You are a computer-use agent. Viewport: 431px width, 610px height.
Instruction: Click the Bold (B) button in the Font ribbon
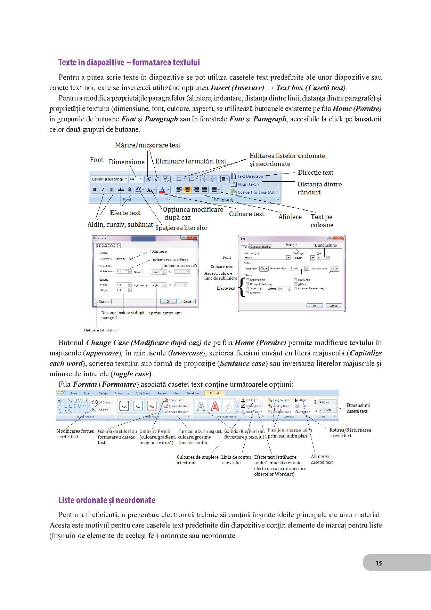click(x=95, y=190)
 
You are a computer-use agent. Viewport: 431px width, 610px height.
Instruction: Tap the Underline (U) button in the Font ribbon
click(x=112, y=190)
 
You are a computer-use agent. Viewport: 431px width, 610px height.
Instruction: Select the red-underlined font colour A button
click(x=162, y=190)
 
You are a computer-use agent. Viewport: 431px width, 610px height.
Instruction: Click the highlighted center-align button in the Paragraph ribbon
click(x=188, y=190)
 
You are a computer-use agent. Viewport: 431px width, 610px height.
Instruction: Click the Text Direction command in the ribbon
click(x=250, y=176)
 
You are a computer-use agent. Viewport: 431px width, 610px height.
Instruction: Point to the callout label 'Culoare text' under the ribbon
click(x=246, y=214)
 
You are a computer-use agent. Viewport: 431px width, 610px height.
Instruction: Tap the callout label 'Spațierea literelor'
click(x=181, y=228)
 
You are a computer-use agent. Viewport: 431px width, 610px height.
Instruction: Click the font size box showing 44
click(x=133, y=179)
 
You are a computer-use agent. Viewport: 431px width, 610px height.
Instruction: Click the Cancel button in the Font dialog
click(x=333, y=306)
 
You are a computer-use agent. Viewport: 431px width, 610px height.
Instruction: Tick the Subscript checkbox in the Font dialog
click(x=247, y=293)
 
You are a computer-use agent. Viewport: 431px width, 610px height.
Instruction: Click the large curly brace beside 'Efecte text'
click(x=241, y=288)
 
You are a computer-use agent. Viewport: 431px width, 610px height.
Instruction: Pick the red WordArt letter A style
click(x=215, y=406)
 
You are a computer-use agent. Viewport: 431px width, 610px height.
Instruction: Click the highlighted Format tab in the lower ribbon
click(x=214, y=393)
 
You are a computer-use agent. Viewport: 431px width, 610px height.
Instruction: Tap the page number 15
click(x=379, y=563)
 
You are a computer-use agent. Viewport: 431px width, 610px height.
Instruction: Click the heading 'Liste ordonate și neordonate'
click(x=107, y=500)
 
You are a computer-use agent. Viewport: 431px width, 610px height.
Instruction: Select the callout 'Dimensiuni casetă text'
click(x=358, y=408)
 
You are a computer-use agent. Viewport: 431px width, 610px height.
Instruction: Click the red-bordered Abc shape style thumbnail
click(x=152, y=406)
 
